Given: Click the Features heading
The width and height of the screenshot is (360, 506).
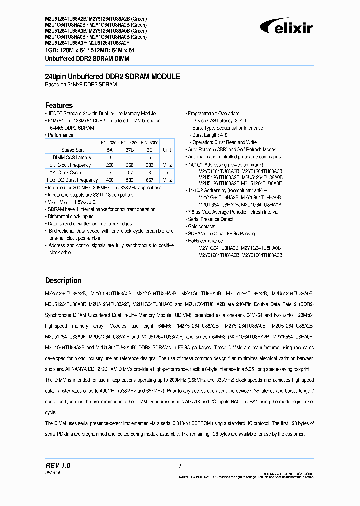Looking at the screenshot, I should coord(59,105).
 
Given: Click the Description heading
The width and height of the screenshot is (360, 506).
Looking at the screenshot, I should coord(63,280).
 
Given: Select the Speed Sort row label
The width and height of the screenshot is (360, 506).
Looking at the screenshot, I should coord(72,150).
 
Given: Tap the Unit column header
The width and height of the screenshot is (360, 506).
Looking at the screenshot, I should coord(167,150).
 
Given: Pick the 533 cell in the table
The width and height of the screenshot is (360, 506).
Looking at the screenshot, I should coord(130,180).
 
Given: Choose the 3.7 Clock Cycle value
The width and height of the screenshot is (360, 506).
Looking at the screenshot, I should coord(130,172).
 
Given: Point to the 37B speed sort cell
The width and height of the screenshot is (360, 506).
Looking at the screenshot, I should coord(130,150).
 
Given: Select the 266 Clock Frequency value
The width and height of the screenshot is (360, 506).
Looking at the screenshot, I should coord(130,165).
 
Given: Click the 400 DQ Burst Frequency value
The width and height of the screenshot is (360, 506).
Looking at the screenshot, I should coord(110,180).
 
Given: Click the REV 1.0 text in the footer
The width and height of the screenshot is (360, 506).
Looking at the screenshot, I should coord(58,465).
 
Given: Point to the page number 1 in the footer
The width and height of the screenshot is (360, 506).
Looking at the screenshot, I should coord(179,466).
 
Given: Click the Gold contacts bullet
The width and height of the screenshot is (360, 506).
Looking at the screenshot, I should coord(201,226).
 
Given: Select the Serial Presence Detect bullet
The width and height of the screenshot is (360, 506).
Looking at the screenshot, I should coord(210,219).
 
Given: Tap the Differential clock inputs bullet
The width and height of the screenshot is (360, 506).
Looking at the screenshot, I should coord(70,216).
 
